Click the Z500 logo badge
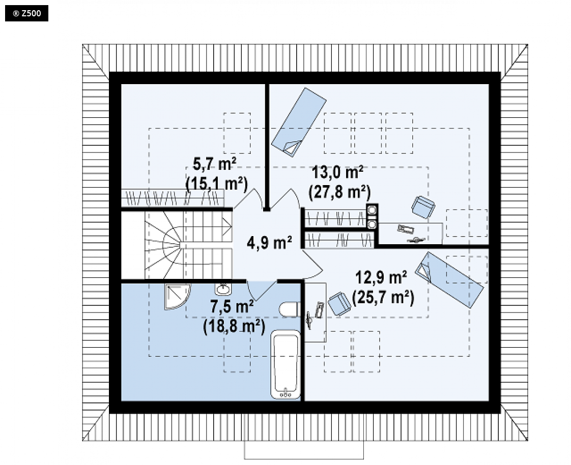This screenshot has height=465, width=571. tap(26, 13)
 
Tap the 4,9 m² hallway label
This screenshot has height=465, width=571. tap(270, 242)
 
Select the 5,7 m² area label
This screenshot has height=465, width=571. tap(214, 165)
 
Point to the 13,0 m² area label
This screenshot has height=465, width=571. tap(337, 172)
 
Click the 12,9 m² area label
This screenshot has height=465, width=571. tap(381, 277)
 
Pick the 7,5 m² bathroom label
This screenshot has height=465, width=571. tap(232, 306)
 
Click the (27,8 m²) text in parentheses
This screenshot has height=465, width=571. tap(339, 192)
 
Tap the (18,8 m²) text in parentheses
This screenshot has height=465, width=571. tap(234, 326)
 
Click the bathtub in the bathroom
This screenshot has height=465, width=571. tap(285, 365)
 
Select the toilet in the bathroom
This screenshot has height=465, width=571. tap(290, 310)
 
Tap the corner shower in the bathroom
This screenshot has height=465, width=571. tap(177, 297)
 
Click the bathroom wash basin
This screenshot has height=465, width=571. tap(222, 289)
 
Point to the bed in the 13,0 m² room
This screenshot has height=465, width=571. tap(299, 122)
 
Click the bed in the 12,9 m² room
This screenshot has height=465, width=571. tap(450, 279)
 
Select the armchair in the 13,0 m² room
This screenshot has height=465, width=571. tap(423, 207)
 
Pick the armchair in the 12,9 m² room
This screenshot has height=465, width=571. tap(339, 303)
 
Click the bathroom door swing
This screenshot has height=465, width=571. tap(261, 291)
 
